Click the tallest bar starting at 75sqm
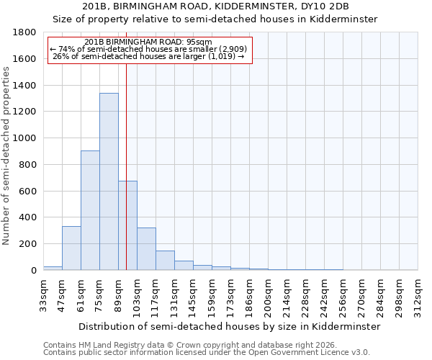tap(109, 181)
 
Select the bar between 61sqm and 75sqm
tap(90, 210)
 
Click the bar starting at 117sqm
tap(165, 261)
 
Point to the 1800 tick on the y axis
tap(27, 32)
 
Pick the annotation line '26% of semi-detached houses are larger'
tap(149, 56)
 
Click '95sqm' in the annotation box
tap(197, 42)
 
